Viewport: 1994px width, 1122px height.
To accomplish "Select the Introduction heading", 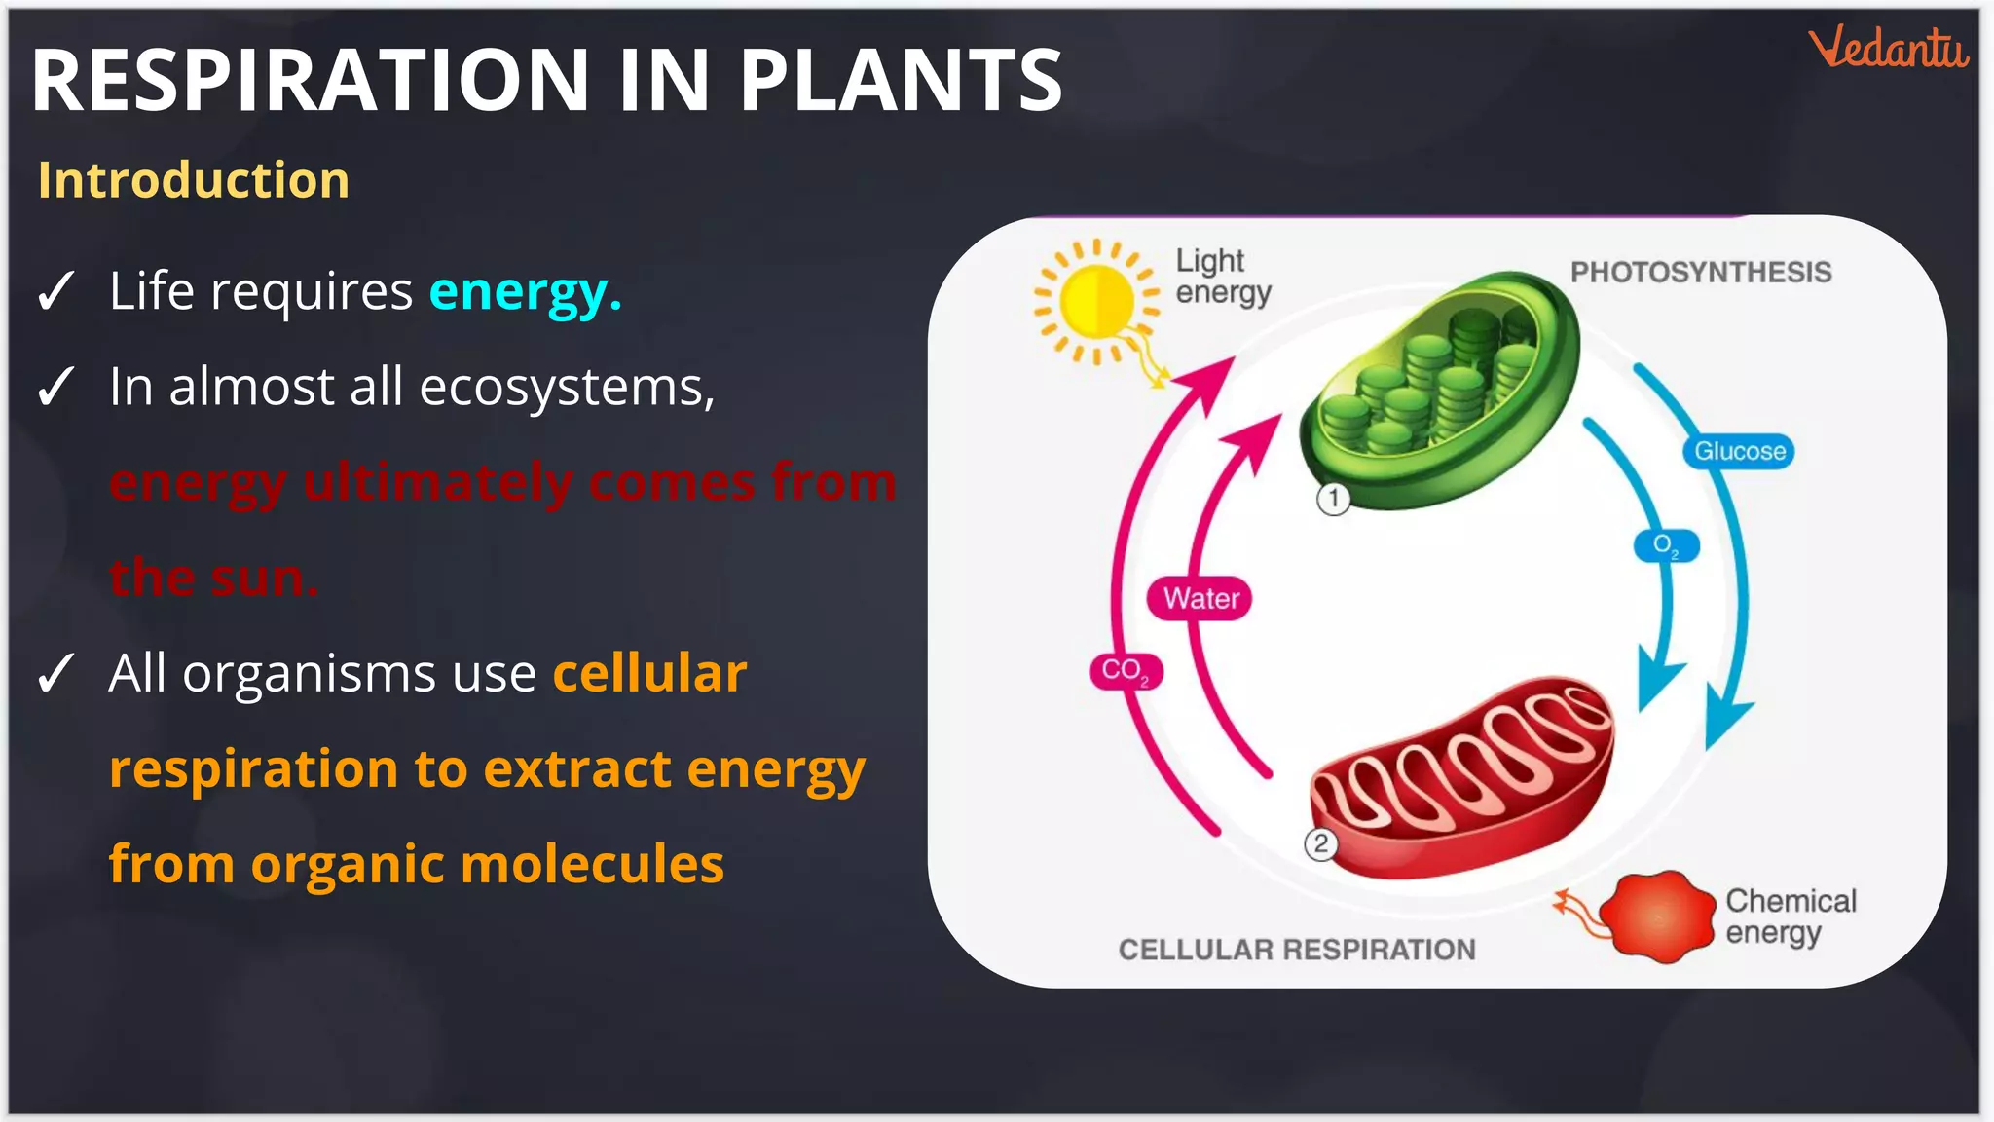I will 194,180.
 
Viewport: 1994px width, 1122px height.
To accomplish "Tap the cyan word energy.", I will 525,291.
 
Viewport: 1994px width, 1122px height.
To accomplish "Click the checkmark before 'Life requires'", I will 55,291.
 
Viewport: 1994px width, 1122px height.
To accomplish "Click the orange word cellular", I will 649,673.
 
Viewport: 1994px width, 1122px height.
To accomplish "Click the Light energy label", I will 1223,277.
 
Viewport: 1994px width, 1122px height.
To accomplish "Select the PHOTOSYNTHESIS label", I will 1700,272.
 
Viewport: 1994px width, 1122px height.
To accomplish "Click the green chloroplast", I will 1441,390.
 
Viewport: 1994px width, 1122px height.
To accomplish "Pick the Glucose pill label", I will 1739,451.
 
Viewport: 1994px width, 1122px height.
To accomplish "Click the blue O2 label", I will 1666,545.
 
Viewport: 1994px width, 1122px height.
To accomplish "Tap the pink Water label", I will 1200,598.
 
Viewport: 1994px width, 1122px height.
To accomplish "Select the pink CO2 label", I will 1126,671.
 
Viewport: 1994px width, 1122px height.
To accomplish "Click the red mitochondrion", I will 1460,774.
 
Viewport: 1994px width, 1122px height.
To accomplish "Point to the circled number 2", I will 1320,843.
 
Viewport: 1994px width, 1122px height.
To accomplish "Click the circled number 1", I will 1333,499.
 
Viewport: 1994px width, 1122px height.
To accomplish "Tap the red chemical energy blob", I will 1657,916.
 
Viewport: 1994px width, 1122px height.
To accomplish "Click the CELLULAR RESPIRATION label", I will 1296,950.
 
